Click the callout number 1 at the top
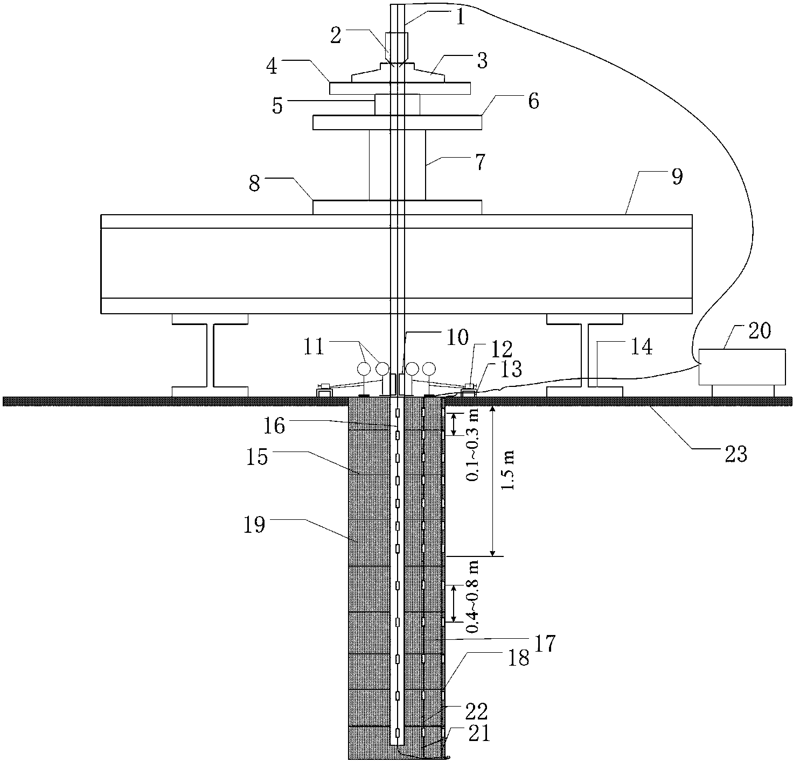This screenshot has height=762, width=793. click(x=460, y=18)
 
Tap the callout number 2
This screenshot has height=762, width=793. click(x=336, y=36)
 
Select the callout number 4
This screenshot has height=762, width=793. click(x=272, y=66)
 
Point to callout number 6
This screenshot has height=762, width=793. click(x=533, y=101)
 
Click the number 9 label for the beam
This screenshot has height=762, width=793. click(x=677, y=177)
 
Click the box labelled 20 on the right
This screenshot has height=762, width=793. click(x=742, y=367)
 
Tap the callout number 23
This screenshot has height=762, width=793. click(x=736, y=454)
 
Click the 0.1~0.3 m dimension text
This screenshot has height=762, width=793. click(x=472, y=446)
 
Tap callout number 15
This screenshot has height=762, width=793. click(x=257, y=457)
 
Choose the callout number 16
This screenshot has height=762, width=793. click(x=274, y=426)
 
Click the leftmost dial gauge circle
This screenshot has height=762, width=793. click(x=364, y=369)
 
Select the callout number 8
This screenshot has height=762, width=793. click(x=254, y=184)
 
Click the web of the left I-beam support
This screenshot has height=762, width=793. click(x=210, y=355)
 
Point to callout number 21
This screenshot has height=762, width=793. click(x=479, y=735)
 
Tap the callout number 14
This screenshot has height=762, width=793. click(x=642, y=347)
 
